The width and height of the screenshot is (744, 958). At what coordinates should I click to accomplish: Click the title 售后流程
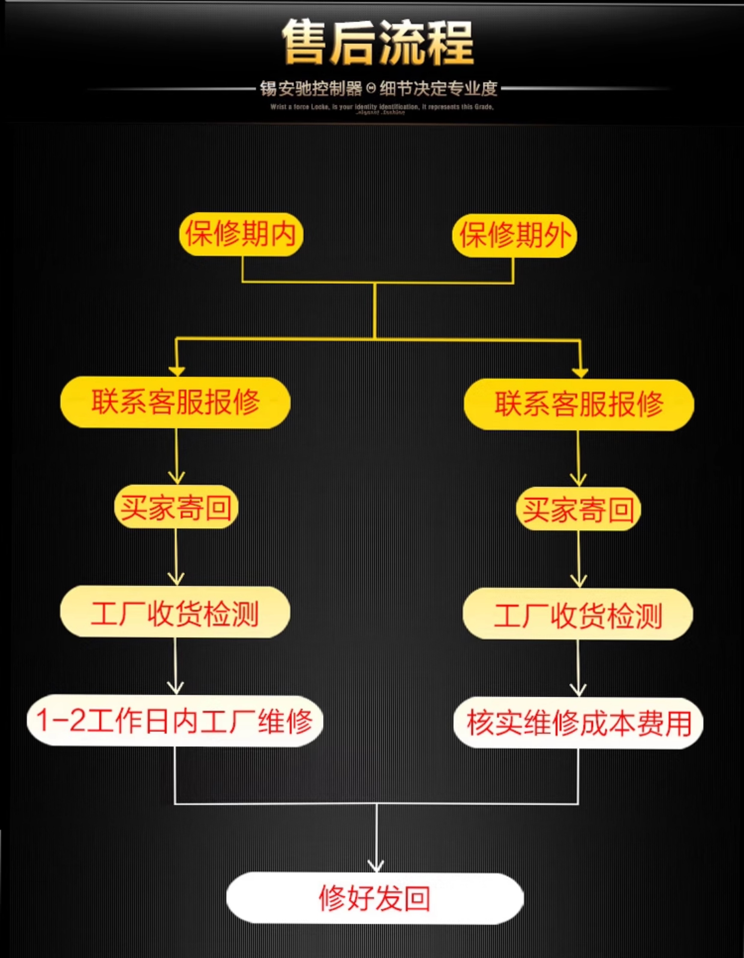(377, 43)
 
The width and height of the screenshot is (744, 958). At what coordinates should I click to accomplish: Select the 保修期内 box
(241, 235)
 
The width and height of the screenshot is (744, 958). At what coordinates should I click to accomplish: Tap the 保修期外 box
(514, 236)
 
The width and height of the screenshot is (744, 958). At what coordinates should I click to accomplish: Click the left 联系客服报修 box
(175, 402)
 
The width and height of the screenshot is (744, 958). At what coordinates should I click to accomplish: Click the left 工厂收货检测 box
(175, 613)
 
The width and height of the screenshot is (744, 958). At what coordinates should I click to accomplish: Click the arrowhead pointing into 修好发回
(375, 865)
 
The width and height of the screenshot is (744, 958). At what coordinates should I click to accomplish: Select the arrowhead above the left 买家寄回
(176, 477)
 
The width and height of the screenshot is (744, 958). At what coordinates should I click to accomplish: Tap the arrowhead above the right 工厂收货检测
(578, 581)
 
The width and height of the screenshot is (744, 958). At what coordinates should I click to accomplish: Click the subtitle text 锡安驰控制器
(311, 89)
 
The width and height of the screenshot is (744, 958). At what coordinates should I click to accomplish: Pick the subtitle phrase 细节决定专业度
(439, 89)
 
